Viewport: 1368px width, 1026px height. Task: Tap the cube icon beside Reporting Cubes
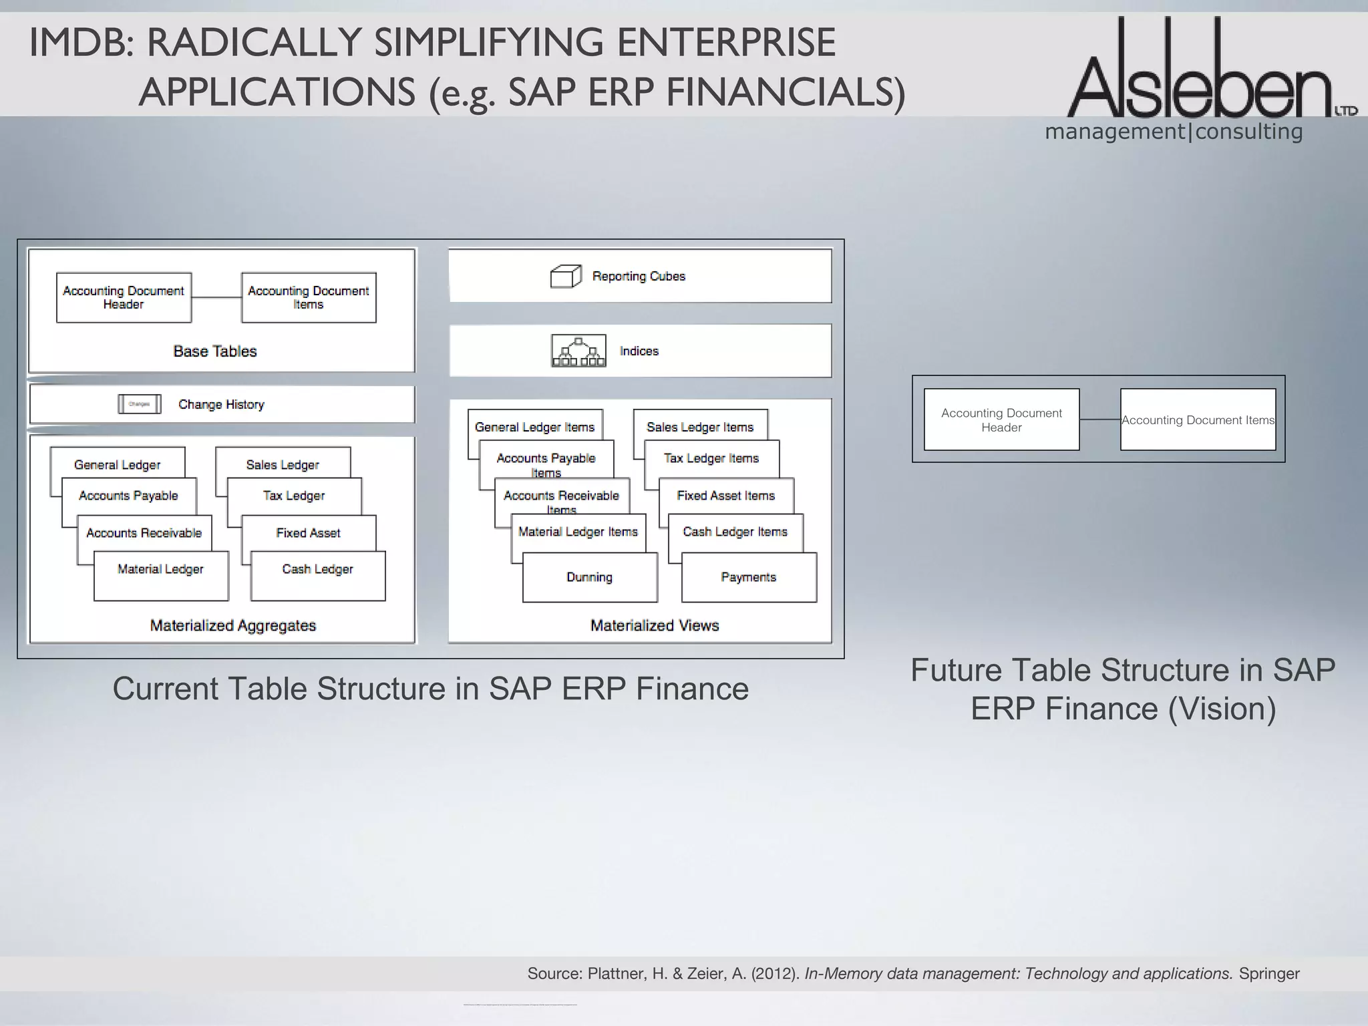tap(565, 277)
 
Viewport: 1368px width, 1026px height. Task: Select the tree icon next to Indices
tap(578, 351)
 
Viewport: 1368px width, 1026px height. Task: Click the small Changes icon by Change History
tap(139, 404)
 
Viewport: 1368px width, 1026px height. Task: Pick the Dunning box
tap(589, 577)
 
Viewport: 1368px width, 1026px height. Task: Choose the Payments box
tap(748, 577)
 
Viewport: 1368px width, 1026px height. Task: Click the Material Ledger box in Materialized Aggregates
tap(160, 575)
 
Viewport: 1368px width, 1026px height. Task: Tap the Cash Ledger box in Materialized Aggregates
tap(318, 575)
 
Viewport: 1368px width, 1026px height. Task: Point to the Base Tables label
tap(214, 351)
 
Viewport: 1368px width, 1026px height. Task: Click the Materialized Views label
tap(654, 626)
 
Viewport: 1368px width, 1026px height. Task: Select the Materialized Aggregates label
tap(232, 626)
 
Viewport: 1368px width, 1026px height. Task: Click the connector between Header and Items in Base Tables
tap(216, 297)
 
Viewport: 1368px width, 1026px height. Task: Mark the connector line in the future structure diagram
tap(1099, 419)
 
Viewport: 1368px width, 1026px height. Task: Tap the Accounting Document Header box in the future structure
tap(1001, 419)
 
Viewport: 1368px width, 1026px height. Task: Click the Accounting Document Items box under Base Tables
tap(308, 297)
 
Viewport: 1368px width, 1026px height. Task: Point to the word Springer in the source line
tap(1268, 974)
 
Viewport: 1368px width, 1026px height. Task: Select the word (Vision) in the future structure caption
tap(1222, 709)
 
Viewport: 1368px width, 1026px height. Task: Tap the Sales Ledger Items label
tap(699, 427)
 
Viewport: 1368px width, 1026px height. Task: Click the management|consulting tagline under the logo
tap(1174, 132)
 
